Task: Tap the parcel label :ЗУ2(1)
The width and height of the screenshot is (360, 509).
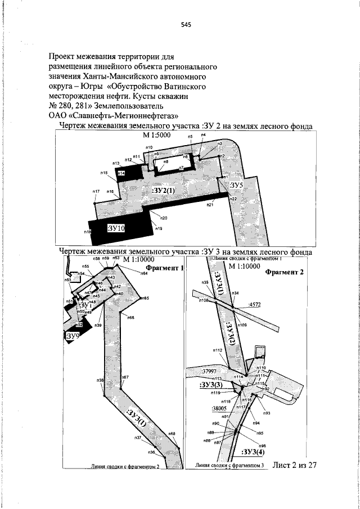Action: pos(166,191)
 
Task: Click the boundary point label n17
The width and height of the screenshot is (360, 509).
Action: pos(96,192)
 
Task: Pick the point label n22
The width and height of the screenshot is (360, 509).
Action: pos(233,199)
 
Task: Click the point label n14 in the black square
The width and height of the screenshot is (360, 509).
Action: pos(121,174)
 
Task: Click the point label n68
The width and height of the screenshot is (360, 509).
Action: pos(172,434)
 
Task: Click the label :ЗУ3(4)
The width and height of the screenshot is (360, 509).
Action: pos(254,452)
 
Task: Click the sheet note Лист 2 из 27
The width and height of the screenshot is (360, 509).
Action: pos(295,465)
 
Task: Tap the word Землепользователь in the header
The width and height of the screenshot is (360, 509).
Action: pos(133,105)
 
